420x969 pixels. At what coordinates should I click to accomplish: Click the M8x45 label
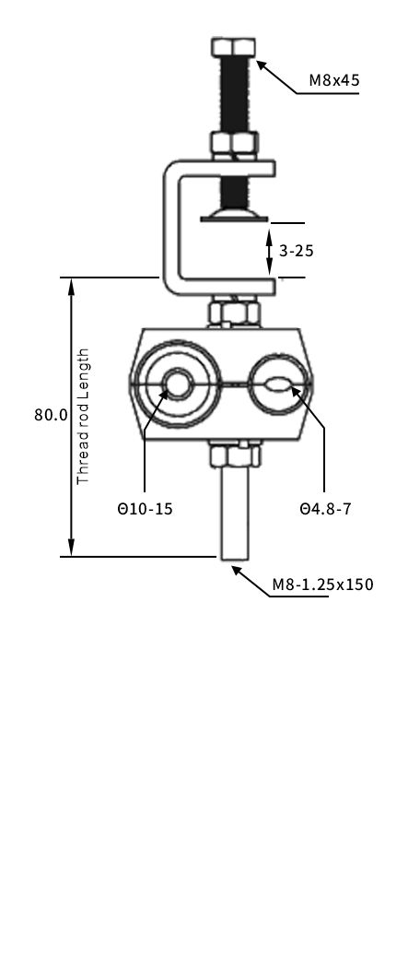(x=333, y=80)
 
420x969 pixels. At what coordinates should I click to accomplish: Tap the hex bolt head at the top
(x=234, y=47)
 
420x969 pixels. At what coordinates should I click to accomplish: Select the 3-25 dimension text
(x=297, y=250)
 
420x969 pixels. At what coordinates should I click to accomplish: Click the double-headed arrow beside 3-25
(x=269, y=250)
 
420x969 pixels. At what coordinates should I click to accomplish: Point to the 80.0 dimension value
(x=51, y=415)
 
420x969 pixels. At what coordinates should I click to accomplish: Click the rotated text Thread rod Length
(x=84, y=416)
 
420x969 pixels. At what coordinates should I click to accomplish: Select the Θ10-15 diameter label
(x=145, y=508)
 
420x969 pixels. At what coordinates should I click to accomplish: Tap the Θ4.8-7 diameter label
(x=325, y=508)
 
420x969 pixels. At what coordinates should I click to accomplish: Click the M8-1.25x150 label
(x=322, y=585)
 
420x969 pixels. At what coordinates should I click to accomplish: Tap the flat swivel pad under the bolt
(x=234, y=215)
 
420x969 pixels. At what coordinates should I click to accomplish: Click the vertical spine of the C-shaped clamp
(x=170, y=226)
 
